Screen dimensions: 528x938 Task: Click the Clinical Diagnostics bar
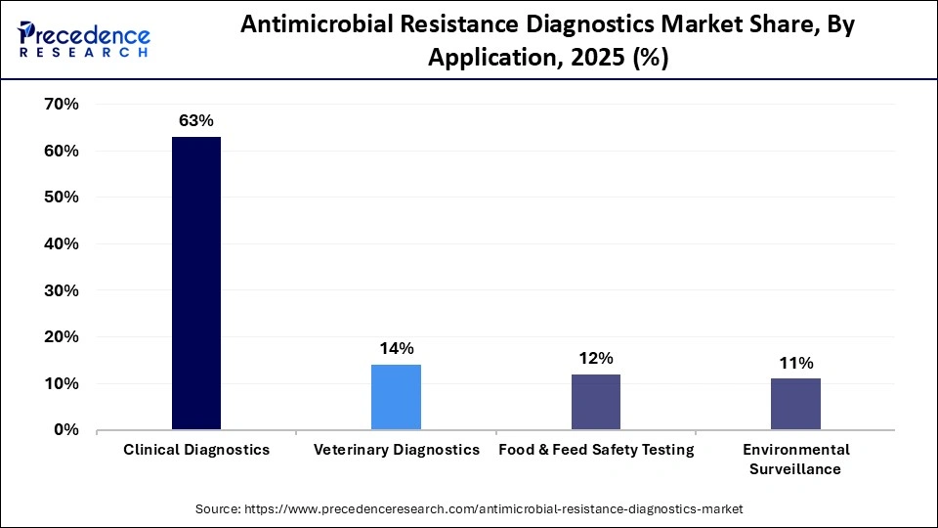click(196, 284)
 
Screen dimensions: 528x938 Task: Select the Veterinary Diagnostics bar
click(396, 397)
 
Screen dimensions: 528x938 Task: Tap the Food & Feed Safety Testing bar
click(595, 402)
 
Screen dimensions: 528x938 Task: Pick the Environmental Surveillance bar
click(795, 404)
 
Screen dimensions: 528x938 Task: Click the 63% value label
click(195, 121)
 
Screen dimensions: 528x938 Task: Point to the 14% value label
click(396, 349)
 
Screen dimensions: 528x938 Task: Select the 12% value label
click(595, 358)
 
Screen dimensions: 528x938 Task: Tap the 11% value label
click(795, 363)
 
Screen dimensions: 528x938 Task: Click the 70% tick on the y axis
click(62, 104)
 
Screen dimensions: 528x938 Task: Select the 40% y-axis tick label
click(62, 243)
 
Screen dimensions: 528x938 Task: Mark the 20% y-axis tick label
click(62, 337)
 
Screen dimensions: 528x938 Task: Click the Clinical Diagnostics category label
click(196, 450)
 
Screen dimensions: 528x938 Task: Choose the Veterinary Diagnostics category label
click(397, 450)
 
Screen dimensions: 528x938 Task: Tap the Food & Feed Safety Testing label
click(596, 450)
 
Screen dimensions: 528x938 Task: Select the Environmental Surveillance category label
click(795, 459)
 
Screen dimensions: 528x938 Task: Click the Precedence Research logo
click(84, 40)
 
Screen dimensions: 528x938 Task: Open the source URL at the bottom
click(469, 508)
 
